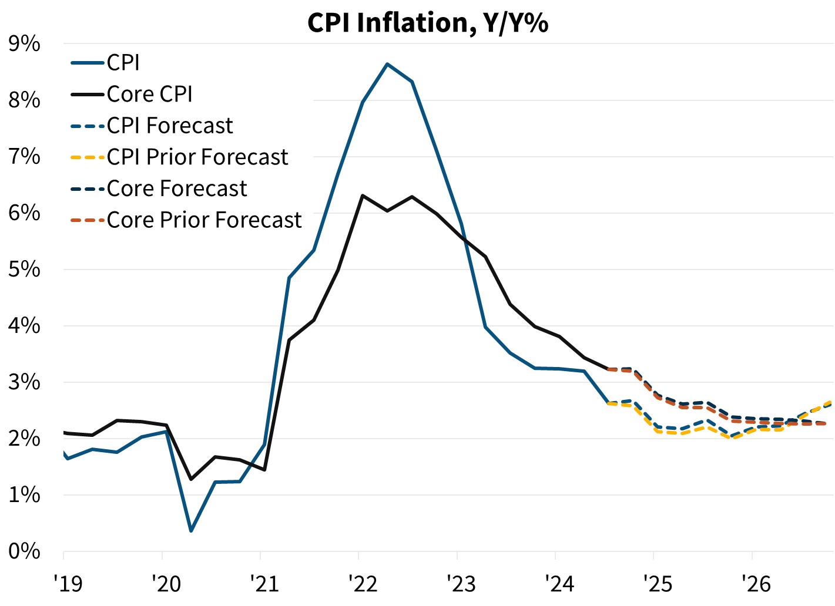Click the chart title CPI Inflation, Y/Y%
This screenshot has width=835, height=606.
[428, 22]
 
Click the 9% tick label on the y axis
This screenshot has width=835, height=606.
[24, 44]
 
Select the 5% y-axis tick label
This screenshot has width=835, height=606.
[24, 270]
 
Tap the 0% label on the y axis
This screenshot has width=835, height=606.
[24, 551]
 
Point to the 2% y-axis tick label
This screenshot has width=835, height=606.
[24, 439]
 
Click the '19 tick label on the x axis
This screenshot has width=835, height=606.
[68, 584]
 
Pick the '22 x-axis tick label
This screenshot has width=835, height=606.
[363, 584]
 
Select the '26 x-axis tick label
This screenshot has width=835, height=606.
[756, 584]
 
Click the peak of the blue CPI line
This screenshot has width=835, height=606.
[387, 63]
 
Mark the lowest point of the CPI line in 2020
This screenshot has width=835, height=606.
[191, 531]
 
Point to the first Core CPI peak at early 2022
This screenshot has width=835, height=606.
[363, 195]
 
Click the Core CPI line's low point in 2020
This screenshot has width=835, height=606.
[191, 479]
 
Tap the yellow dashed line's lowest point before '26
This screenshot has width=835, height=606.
[731, 438]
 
